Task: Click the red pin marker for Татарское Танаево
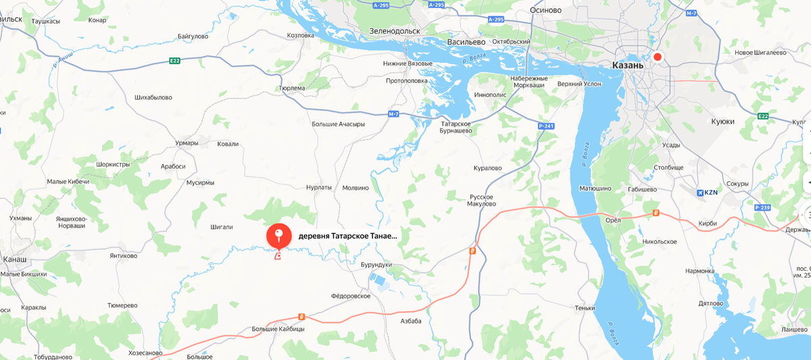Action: click(x=278, y=236)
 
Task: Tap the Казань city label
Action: click(x=628, y=66)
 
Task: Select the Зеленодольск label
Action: click(x=395, y=30)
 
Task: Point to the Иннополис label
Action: click(x=491, y=95)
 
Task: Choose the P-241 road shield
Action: click(x=546, y=126)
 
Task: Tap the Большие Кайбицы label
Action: click(x=278, y=328)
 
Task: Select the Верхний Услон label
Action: click(x=579, y=84)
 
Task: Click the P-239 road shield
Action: click(x=762, y=207)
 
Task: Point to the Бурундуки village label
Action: click(x=376, y=265)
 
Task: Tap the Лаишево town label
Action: click(x=794, y=329)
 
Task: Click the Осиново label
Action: click(x=546, y=9)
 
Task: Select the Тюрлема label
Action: click(x=292, y=88)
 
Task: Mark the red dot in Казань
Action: click(x=657, y=57)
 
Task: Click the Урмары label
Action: click(x=186, y=143)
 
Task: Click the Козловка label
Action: click(x=301, y=35)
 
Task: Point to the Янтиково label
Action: click(x=123, y=256)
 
